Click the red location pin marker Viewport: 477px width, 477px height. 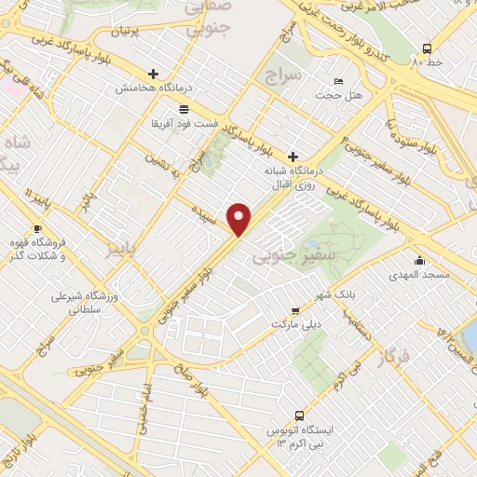[240, 219]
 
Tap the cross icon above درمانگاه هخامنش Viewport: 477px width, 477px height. [154, 74]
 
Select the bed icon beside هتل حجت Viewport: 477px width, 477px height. [337, 81]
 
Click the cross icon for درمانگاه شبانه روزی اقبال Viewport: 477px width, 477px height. [293, 157]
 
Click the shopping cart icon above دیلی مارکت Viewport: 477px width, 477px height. [295, 310]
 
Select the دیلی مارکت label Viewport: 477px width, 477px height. [295, 324]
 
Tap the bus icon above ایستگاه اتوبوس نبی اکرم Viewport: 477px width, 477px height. [298, 415]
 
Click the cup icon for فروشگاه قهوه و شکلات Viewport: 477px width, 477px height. [37, 228]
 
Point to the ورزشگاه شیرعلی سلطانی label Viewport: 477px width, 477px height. [81, 305]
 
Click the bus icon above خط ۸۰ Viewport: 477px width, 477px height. [427, 48]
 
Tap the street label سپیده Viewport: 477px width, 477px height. [206, 211]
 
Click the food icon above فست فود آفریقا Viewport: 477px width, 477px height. [184, 109]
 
